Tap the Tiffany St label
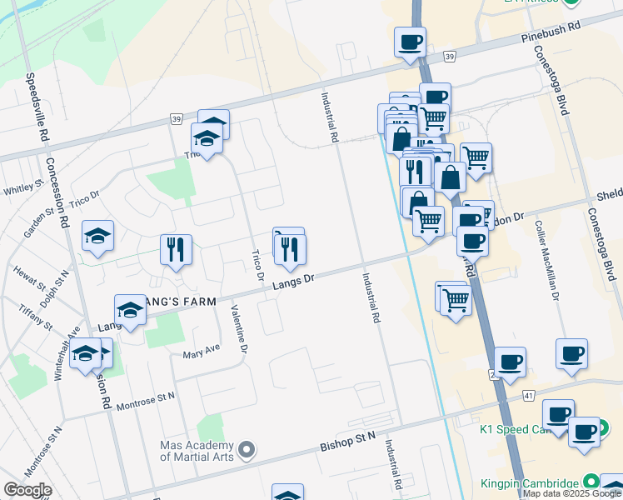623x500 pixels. coord(36,316)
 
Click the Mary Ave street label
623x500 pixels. coord(201,354)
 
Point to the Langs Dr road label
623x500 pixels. coord(294,284)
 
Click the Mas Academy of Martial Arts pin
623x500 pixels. coord(246,451)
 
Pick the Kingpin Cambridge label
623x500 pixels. coord(528,482)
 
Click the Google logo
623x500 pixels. coord(27,490)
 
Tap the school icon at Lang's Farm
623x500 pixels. coord(130,312)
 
